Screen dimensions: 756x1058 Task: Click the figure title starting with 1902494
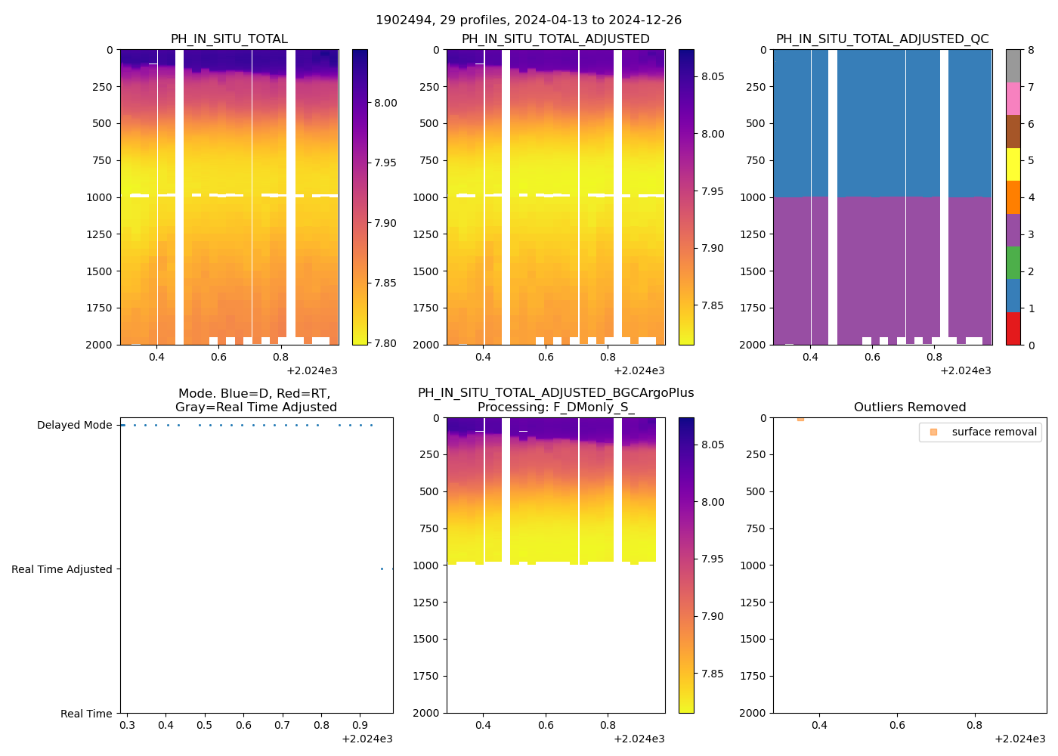528,20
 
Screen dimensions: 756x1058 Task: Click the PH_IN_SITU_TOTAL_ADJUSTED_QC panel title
882,39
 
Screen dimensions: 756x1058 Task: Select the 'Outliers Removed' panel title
909,407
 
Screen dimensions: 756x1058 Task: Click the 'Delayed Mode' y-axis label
74,426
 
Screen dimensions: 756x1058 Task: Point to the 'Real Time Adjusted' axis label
61,569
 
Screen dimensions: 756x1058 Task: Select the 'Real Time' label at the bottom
86,714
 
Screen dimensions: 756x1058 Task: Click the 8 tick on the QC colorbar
1031,50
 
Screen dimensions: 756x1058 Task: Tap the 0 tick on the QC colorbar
1031,345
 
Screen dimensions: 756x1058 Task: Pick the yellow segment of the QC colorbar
1013,164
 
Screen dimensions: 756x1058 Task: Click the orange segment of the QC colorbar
1013,197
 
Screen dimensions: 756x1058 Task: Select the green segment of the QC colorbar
1013,262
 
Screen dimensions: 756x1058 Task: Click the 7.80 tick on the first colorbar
385,343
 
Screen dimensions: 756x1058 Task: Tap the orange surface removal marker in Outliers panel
800,419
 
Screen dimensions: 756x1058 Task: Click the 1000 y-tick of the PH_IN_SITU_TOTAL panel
99,197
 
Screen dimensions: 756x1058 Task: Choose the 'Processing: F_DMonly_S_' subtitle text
555,407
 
